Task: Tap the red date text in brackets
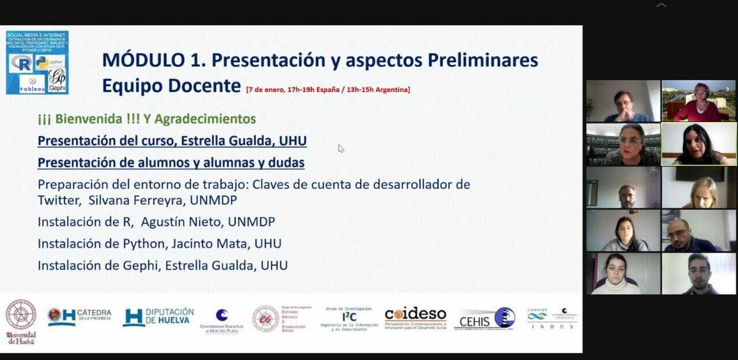coord(328,89)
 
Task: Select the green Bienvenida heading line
coord(147,119)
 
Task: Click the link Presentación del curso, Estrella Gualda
coord(172,141)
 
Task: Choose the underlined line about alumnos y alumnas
coord(171,163)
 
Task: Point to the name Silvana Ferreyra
coord(137,200)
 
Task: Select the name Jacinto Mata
coord(210,243)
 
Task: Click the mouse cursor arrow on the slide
coord(341,148)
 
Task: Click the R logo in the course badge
coord(21,63)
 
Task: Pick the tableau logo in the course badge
coord(32,84)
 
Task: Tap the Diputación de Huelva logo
coord(158,317)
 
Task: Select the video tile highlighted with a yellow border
coord(698,144)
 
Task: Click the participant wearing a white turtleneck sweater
coord(623,273)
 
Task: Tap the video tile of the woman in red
coord(698,101)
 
